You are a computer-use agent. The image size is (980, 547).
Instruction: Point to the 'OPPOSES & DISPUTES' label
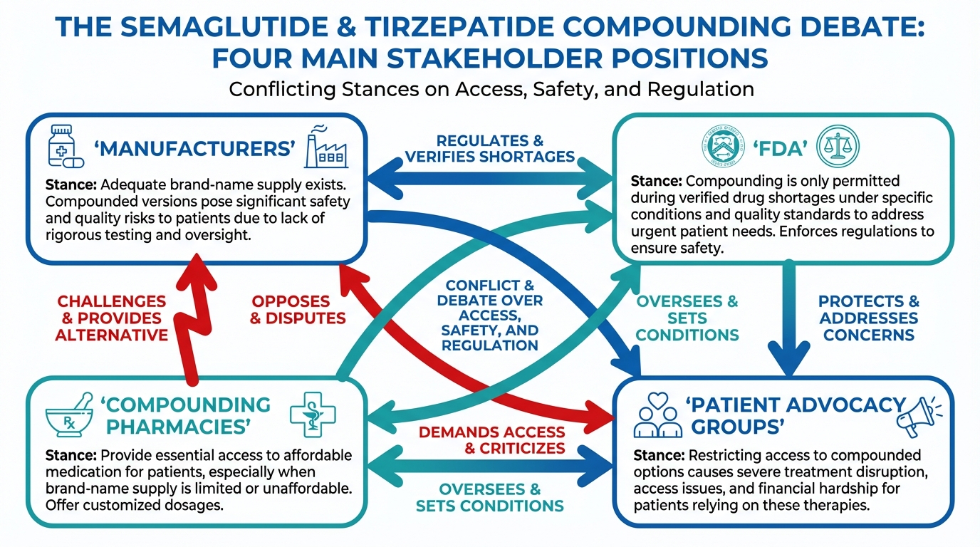(298, 310)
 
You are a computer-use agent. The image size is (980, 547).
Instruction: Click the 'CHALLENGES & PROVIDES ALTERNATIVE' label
(112, 318)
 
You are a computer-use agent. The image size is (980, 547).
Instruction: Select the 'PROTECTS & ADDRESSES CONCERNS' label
(868, 318)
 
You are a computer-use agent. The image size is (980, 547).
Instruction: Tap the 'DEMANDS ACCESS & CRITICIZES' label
(491, 440)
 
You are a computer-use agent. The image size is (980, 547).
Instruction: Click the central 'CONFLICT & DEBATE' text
(490, 314)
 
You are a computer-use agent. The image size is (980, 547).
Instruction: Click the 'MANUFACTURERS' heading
(194, 149)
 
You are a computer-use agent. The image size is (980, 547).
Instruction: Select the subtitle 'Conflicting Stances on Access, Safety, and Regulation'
(491, 89)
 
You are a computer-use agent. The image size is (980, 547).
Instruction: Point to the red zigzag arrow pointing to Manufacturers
(190, 313)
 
